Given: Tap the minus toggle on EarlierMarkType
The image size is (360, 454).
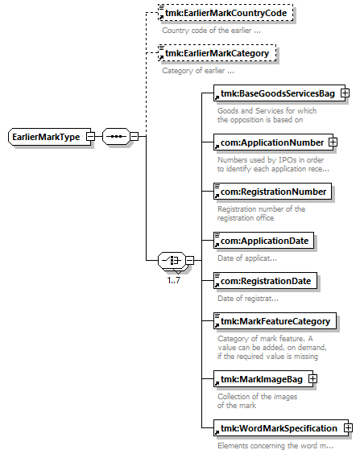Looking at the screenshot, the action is pos(91,136).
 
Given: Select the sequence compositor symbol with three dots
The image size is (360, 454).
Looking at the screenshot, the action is pos(116,136).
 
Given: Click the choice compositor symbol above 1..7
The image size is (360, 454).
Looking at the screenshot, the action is pos(172,260).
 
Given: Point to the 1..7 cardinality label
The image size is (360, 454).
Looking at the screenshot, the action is pos(173,280).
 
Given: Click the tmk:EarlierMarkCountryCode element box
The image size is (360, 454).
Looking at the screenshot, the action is pos(226,13).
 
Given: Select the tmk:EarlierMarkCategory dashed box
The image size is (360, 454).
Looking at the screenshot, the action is pos(217,53).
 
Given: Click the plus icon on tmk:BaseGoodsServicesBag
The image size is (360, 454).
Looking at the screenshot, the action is pos(345,93).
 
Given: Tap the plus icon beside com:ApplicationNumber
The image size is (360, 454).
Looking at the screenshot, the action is pos(333,142).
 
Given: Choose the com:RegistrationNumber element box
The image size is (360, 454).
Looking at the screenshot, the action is pos(272,192).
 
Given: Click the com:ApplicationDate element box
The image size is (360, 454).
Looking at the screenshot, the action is pos(263,241).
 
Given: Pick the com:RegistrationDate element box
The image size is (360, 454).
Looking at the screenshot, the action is pos(265,281).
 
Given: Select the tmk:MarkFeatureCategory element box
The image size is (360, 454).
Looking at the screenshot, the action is pos(275,321).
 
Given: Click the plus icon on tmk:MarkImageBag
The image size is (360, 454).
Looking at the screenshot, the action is pos(312,378).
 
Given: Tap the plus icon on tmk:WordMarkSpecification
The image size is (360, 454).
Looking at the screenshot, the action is pos(348,427).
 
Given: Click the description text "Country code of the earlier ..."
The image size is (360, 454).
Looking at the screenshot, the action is pos(211,31).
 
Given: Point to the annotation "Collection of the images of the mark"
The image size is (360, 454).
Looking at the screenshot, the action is pos(257,401).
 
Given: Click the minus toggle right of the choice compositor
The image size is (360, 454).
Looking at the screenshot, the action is pos(190,260).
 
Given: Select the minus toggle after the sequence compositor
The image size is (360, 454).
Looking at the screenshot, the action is pos(134,136).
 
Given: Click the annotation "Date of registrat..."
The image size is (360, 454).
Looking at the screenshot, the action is pos(248,299).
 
